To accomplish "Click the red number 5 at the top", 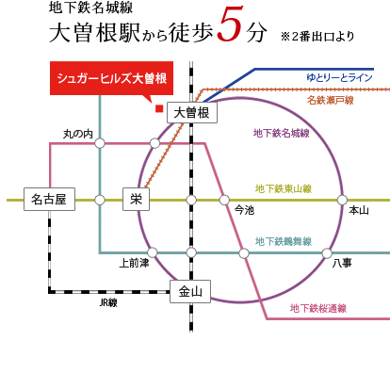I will click(230, 24).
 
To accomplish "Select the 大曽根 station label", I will click(192, 113).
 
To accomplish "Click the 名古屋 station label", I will click(47, 200).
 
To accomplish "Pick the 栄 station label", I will click(136, 200).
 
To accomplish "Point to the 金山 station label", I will click(190, 292).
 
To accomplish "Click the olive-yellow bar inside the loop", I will click(283, 188).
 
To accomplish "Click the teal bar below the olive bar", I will click(283, 241).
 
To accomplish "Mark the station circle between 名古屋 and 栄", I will click(100, 200).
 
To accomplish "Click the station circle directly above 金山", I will click(190, 252).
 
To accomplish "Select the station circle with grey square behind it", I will click(224, 200).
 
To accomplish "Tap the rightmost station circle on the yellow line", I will click(343, 200).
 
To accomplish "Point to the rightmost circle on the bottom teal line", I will click(327, 253).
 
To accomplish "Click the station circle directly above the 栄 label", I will click(154, 143).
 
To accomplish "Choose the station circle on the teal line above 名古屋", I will click(100, 143).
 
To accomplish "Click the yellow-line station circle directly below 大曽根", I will click(190, 200).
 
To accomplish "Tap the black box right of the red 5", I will click(317, 37).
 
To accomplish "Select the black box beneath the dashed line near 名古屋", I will click(108, 302).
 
